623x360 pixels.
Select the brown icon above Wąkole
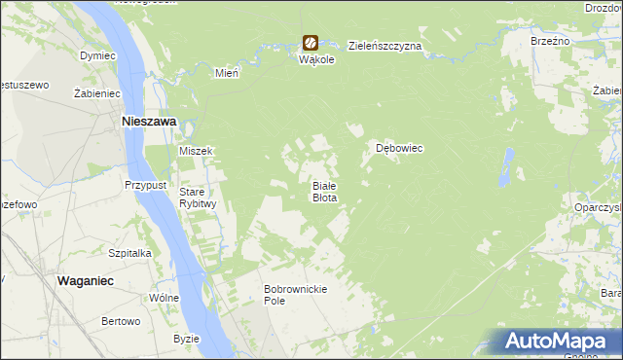[310, 43]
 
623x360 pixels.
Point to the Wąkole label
[316, 59]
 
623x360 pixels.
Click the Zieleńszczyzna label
[385, 46]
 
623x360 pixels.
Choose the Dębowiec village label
[399, 148]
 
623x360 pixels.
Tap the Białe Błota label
[324, 192]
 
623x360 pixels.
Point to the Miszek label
[196, 151]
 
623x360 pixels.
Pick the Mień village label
[227, 72]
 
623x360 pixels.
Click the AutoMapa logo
[556, 342]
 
